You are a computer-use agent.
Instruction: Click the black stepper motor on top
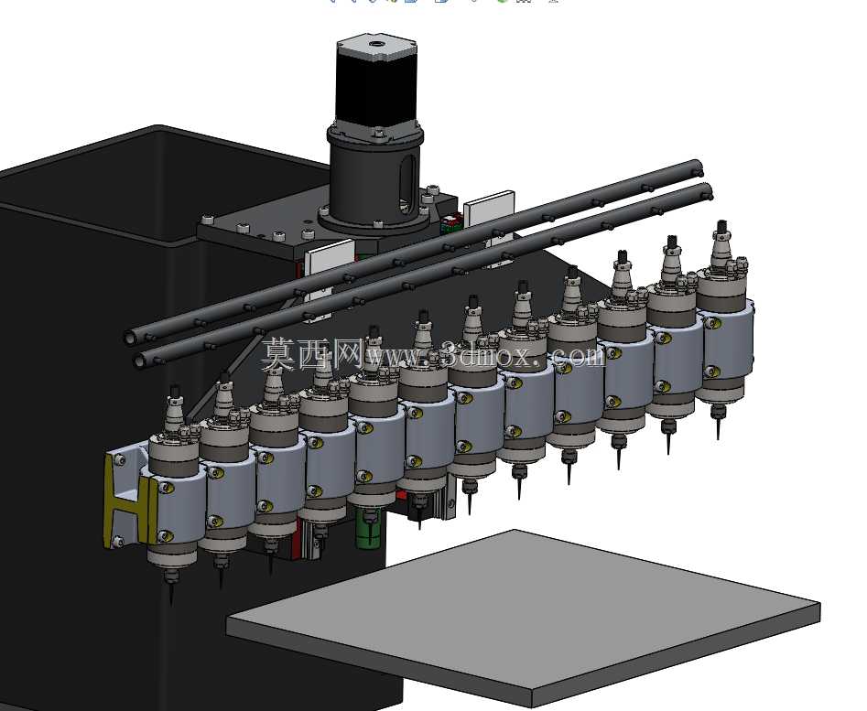click(376, 83)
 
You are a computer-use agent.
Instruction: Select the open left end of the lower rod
click(140, 361)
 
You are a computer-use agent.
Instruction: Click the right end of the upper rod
click(698, 166)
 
